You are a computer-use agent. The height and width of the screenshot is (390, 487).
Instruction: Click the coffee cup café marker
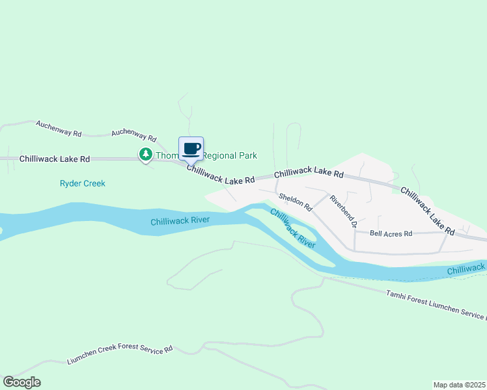point(191,149)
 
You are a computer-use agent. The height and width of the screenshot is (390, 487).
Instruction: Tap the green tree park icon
point(145,154)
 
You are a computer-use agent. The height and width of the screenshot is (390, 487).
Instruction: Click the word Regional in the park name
point(221,156)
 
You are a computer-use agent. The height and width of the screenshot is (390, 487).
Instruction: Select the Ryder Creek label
point(82,183)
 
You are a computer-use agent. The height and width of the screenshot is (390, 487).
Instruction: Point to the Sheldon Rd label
point(296,202)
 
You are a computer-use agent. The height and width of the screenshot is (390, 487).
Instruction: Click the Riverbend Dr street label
point(344,211)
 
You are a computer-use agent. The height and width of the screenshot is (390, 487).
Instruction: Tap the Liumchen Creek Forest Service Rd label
point(120,355)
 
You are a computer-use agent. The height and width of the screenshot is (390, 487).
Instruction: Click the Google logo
point(21,382)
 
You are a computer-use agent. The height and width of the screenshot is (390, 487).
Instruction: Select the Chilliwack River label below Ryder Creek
point(180,221)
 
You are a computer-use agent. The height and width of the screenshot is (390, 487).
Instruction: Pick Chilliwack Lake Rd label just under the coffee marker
point(220,175)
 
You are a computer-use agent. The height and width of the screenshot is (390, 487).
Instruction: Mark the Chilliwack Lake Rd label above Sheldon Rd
point(308,174)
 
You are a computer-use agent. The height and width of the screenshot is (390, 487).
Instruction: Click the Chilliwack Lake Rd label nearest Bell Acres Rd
point(427,210)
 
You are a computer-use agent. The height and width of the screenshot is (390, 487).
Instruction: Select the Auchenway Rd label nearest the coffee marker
point(134,135)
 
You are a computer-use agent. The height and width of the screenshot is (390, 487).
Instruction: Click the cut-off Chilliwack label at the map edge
point(466,268)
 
